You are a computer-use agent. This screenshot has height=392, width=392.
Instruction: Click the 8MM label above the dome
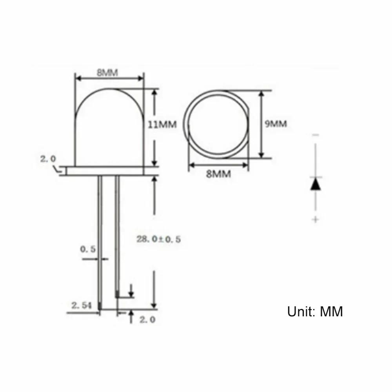[x=108, y=72]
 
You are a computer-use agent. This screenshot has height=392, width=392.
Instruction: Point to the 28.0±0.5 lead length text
[x=159, y=239]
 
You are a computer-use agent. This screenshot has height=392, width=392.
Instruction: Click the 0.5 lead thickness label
[x=88, y=249]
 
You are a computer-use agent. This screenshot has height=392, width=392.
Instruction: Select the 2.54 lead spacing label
[x=81, y=305]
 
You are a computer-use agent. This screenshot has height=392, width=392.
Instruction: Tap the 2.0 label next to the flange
[x=48, y=159]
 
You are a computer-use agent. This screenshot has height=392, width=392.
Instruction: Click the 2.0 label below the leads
[x=147, y=319]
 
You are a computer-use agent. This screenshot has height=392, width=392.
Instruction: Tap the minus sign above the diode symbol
[x=316, y=135]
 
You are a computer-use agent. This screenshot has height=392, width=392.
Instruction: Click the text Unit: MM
[x=315, y=312]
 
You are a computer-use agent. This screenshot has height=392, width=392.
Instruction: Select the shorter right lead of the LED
[x=117, y=235]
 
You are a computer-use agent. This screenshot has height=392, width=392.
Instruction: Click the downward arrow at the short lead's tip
[x=131, y=291]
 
